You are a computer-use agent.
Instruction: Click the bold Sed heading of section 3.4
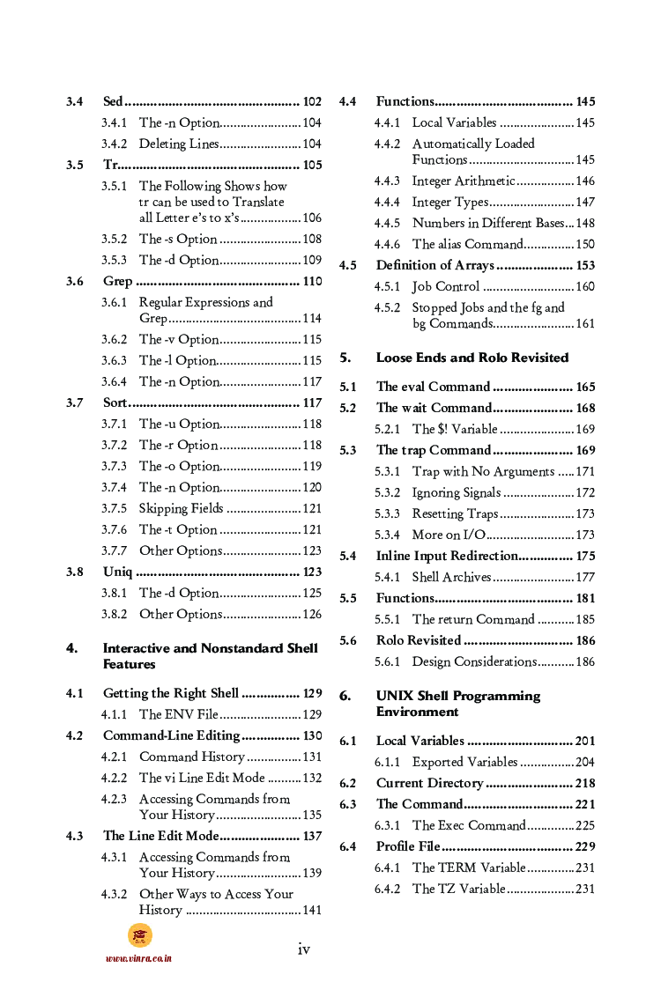113,101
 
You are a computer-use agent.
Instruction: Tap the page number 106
311,218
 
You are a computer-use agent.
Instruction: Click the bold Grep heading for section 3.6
117,281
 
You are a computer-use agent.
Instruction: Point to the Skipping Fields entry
182,508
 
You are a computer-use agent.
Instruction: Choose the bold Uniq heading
117,572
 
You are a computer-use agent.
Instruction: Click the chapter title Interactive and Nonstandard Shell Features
210,656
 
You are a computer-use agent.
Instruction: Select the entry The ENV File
179,714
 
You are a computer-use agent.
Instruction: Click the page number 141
311,910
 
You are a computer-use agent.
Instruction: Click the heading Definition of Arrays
435,265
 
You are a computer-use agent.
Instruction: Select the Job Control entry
446,286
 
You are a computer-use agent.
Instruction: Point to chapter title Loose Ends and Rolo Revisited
472,358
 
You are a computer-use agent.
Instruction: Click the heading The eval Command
433,387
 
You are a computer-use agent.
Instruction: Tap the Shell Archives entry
452,577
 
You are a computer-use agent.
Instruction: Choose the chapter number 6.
345,696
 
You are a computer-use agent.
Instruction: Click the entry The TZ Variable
459,889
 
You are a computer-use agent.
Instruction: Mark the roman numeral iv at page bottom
303,949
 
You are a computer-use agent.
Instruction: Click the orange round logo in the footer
139,936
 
